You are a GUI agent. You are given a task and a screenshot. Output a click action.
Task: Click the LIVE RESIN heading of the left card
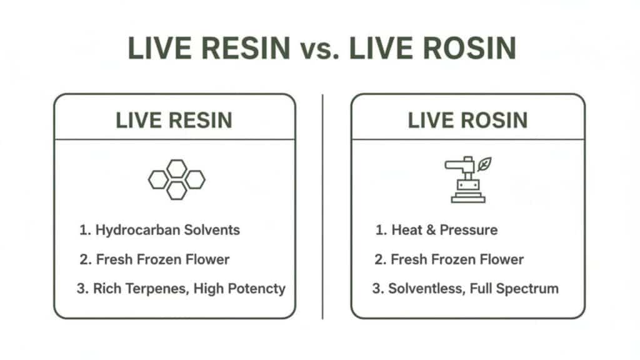174,120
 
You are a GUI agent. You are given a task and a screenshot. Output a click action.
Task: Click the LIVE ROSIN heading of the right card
467,120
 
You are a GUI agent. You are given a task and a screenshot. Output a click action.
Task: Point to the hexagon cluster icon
176,179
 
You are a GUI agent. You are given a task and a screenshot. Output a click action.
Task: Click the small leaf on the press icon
484,164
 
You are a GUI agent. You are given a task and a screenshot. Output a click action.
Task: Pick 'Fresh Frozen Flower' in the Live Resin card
162,259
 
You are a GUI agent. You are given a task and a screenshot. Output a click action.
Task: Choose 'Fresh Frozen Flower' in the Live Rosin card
457,259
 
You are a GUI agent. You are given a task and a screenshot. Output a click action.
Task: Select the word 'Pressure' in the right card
469,229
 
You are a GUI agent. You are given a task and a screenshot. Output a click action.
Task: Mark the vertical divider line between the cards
322,206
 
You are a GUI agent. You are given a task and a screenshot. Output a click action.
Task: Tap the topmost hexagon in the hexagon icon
177,168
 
